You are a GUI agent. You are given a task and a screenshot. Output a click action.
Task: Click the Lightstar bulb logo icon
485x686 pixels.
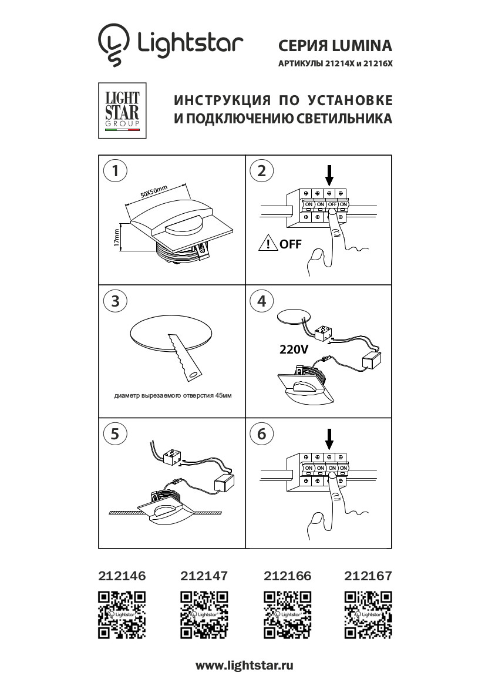(113, 43)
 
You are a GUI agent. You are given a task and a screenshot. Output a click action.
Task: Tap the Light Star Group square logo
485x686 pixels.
(122, 111)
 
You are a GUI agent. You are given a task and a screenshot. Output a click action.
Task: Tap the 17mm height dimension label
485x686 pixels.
(117, 238)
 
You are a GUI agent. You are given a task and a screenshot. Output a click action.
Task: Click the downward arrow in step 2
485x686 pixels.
(329, 174)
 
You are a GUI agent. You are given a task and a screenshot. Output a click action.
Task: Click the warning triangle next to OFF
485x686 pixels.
(268, 244)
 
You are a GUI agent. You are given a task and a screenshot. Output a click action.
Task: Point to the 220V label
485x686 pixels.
(293, 350)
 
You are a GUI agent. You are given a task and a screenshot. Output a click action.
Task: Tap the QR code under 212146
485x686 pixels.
(122, 614)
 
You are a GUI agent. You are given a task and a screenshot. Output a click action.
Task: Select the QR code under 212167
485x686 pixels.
(368, 614)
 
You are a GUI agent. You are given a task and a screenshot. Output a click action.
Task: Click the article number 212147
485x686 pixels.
(204, 576)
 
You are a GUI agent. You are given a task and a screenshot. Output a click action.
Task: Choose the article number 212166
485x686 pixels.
(288, 576)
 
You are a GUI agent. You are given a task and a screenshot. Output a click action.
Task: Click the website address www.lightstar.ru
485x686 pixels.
(244, 666)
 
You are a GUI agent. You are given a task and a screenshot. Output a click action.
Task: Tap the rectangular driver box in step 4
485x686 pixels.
(372, 358)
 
